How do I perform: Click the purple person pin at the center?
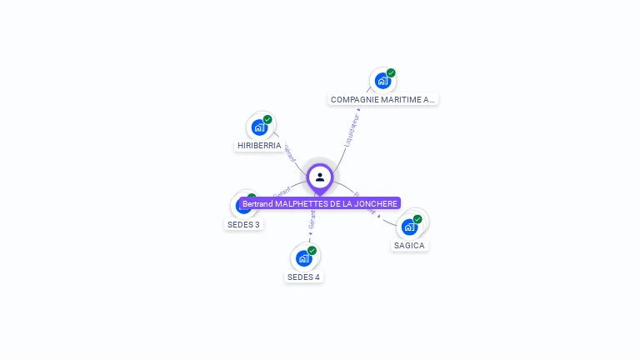pyautogui.click(x=320, y=177)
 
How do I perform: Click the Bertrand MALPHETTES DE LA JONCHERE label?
pyautogui.click(x=320, y=203)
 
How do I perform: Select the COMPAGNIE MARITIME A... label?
pyautogui.click(x=382, y=99)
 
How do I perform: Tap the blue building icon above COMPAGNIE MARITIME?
pyautogui.click(x=382, y=81)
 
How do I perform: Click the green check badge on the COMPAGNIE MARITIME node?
pyautogui.click(x=391, y=72)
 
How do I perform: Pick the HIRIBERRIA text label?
pyautogui.click(x=259, y=145)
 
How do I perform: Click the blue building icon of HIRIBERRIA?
pyautogui.click(x=259, y=127)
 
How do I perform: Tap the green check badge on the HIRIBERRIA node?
pyautogui.click(x=267, y=119)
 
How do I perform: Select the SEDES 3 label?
pyautogui.click(x=243, y=224)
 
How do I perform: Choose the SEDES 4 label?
pyautogui.click(x=303, y=277)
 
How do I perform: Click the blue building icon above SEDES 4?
pyautogui.click(x=303, y=258)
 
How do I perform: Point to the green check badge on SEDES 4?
pyautogui.click(x=312, y=250)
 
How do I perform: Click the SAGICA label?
pyautogui.click(x=409, y=245)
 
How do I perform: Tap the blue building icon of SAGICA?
pyautogui.click(x=408, y=227)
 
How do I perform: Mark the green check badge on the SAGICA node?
pyautogui.click(x=417, y=219)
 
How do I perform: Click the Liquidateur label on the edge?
pyautogui.click(x=352, y=129)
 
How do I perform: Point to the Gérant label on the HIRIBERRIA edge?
pyautogui.click(x=290, y=154)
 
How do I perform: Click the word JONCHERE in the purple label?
pyautogui.click(x=376, y=203)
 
